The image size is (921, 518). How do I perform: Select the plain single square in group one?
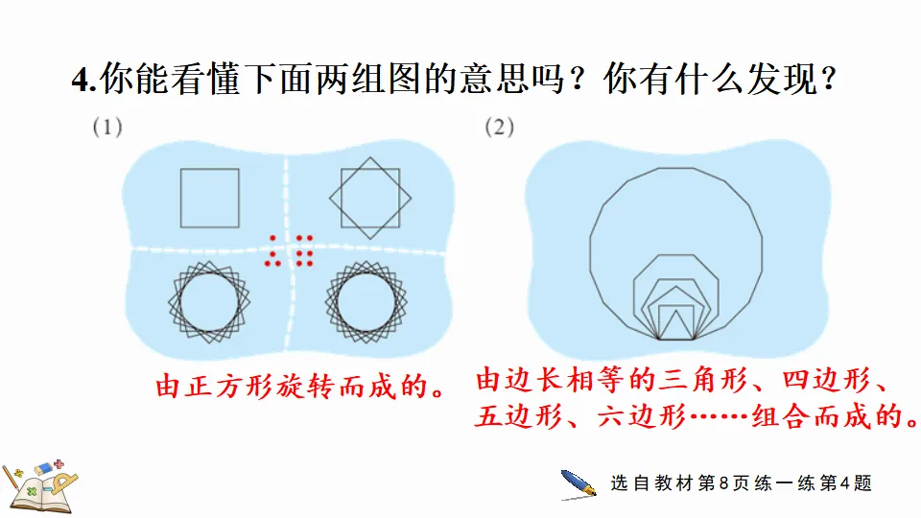click(209, 199)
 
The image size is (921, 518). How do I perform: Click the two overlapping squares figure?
click(370, 199)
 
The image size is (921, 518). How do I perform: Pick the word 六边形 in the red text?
click(640, 417)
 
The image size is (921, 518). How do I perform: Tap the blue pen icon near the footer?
click(579, 483)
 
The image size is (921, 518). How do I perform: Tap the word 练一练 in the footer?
click(786, 483)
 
